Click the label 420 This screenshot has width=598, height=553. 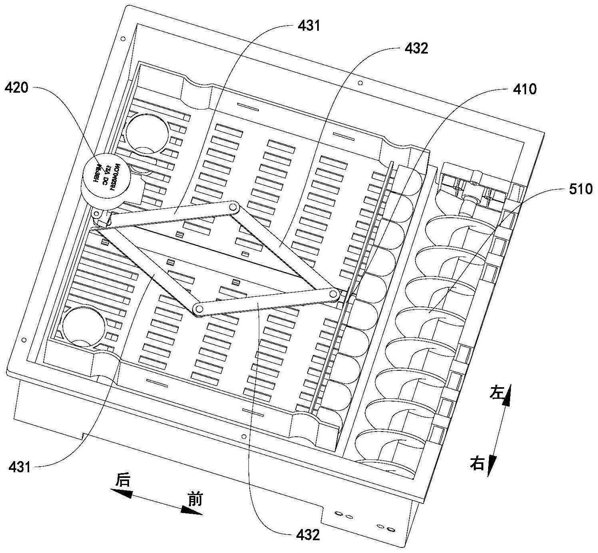(16, 88)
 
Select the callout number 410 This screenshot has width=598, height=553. (525, 89)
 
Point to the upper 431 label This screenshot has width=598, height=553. (309, 26)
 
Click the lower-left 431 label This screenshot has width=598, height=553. (20, 466)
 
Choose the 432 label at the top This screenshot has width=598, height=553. (416, 48)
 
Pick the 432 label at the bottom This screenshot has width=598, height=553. (308, 535)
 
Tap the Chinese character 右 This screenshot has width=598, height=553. (477, 464)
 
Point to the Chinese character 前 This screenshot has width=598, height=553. (195, 499)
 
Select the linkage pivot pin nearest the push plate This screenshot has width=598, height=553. (333, 294)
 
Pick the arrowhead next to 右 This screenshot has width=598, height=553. (491, 465)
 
